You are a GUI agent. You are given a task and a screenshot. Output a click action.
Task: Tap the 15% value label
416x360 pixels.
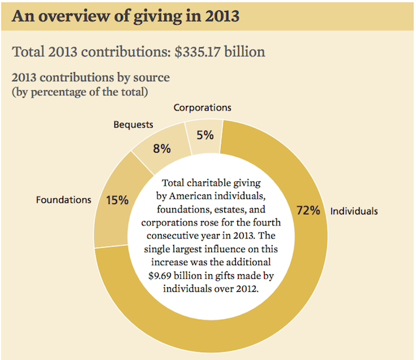[116, 200]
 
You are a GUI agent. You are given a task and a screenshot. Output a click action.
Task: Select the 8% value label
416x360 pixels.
[161, 149]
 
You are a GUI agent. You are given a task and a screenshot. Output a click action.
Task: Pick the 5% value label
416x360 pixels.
[205, 135]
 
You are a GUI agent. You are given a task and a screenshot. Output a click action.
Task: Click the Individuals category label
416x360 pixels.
[354, 211]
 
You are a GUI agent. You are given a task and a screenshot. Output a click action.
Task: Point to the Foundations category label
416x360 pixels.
[64, 200]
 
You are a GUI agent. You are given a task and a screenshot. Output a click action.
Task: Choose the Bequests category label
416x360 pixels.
[133, 123]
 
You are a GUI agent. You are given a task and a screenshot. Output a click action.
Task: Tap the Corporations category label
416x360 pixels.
[202, 108]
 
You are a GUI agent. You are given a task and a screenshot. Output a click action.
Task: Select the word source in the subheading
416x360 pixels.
[151, 77]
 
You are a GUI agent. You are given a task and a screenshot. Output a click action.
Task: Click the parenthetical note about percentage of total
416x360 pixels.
[80, 92]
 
